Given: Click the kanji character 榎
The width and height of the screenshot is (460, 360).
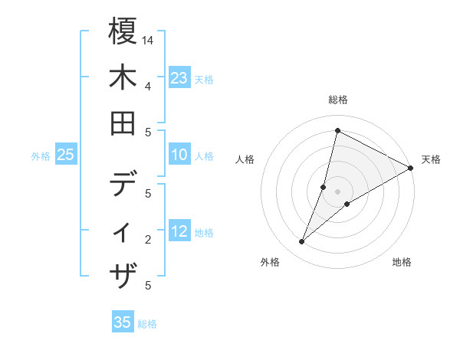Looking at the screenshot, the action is [x=123, y=32].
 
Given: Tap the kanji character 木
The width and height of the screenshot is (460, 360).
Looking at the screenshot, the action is [x=123, y=79].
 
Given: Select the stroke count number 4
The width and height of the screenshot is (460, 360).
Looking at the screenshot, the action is [x=147, y=85].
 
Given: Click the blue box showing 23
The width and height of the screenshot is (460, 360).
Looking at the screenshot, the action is [x=179, y=78].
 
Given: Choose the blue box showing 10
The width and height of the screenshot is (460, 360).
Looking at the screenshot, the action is [x=179, y=155].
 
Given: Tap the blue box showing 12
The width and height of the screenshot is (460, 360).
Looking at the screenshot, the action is [x=179, y=232].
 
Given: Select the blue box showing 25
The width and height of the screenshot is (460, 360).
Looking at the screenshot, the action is [x=66, y=155].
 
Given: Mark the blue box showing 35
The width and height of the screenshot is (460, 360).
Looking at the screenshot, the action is [x=123, y=322].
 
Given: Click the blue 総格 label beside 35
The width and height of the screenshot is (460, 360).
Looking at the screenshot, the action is [x=147, y=324].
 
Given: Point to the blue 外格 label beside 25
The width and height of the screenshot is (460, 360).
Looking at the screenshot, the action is [x=41, y=156].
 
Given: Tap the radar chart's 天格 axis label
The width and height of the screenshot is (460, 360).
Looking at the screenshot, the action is [x=431, y=159].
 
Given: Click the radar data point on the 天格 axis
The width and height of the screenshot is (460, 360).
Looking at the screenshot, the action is [x=411, y=169].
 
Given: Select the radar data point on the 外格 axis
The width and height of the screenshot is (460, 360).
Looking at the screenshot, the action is [x=302, y=242].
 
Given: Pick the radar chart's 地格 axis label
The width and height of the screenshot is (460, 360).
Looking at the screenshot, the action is [x=402, y=262].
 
